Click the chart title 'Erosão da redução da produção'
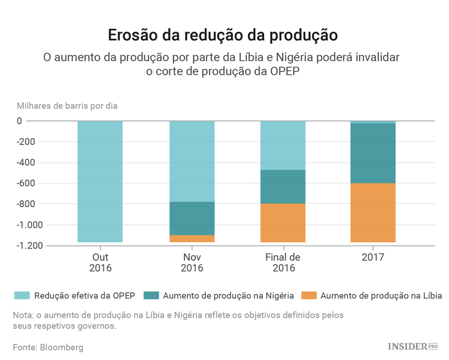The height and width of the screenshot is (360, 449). coord(223,35)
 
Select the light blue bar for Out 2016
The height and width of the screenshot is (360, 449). coord(100,181)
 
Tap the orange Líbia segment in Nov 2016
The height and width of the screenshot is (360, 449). coord(192,239)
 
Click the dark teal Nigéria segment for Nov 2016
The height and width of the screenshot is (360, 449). coord(192,218)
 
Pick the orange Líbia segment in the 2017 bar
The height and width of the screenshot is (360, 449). coord(372,212)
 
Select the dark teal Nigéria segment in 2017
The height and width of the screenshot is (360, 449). coord(372,153)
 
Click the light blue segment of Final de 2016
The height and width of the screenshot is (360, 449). coord(283,145)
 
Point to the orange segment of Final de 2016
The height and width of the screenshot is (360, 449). coord(283,222)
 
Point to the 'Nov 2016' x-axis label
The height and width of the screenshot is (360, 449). coord(192,263)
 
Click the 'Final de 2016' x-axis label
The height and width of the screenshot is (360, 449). coord(283,263)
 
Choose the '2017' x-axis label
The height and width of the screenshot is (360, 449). coord(372,257)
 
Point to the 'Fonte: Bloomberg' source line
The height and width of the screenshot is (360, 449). coord(48,347)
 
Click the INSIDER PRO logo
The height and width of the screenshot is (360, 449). coord(412,346)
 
